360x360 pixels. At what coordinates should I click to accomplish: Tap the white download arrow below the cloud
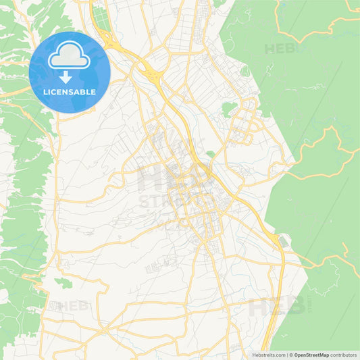click(x=66, y=76)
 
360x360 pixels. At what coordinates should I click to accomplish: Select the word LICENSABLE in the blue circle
click(x=70, y=92)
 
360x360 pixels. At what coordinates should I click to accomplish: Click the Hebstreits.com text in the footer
click(x=267, y=355)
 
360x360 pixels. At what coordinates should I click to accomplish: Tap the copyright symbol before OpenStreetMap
click(x=292, y=355)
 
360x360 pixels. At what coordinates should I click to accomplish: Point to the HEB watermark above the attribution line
click(x=274, y=307)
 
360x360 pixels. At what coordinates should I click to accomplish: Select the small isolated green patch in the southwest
click(x=63, y=282)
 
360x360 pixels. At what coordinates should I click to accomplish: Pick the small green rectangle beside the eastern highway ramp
click(x=283, y=241)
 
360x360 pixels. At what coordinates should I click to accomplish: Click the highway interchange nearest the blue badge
click(x=150, y=68)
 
